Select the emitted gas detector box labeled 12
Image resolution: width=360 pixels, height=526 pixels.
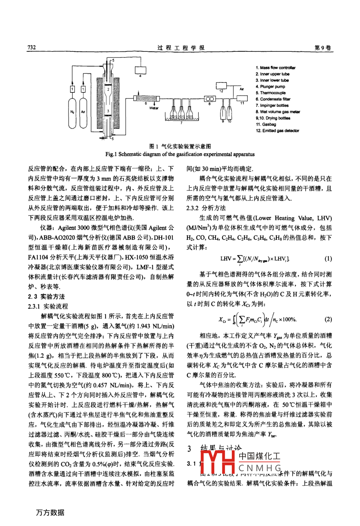coord(221,86)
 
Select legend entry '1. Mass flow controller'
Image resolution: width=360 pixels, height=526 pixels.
coord(276,68)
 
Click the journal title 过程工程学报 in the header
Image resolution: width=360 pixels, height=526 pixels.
coord(180,48)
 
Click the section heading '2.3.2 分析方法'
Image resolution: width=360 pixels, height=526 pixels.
coord(206,208)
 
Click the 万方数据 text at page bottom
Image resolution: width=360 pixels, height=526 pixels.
coord(50,512)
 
